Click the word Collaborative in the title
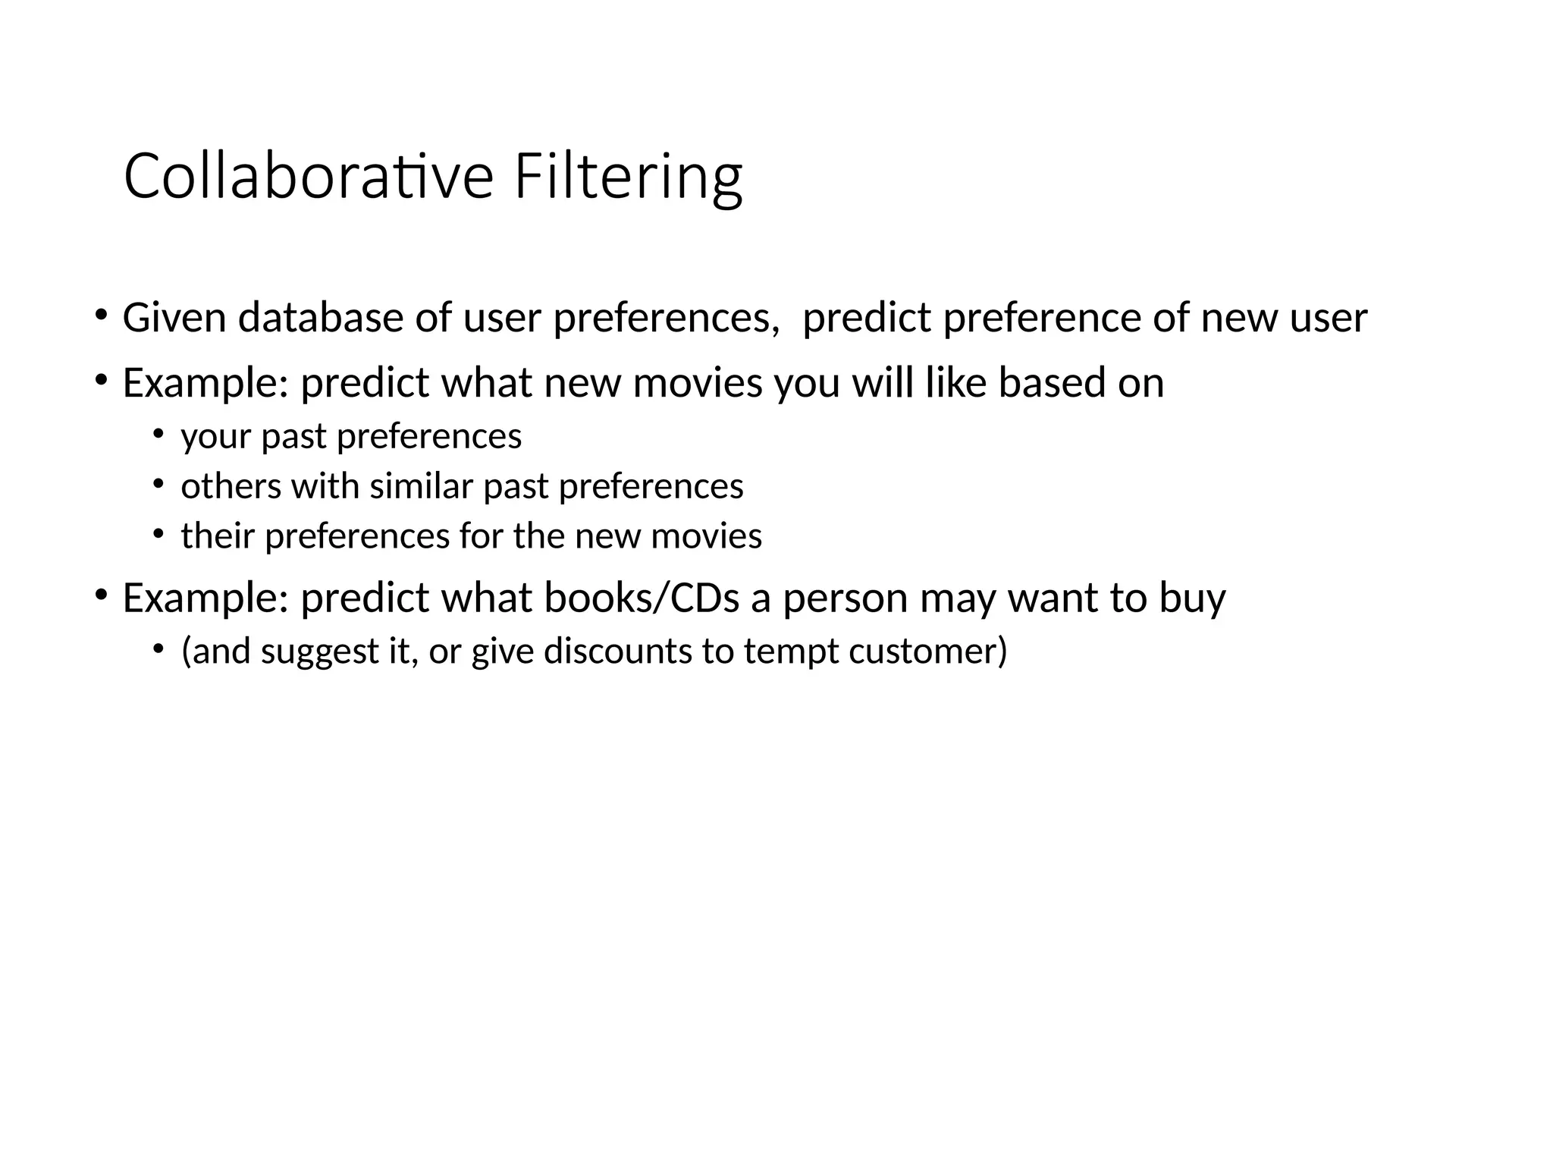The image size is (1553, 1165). coord(309,177)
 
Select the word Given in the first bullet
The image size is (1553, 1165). coord(174,317)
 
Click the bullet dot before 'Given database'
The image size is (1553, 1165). coord(100,314)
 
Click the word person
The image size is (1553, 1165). coord(845,599)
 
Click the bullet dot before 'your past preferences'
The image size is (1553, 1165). coord(158,434)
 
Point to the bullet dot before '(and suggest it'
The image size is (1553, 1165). coord(158,648)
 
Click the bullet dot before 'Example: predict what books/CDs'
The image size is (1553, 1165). coord(100,595)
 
